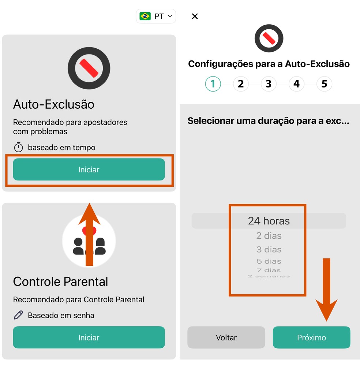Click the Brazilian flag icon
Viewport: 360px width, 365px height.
145,16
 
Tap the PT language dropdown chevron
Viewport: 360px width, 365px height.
170,16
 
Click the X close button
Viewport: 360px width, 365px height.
195,16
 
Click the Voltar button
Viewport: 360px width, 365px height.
226,337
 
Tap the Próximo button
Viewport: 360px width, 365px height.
311,337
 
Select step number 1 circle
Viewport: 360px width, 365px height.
213,84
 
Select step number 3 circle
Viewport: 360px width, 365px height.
269,84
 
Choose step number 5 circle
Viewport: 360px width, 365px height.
324,84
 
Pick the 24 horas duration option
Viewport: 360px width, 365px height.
269,221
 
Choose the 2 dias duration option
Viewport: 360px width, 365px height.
269,236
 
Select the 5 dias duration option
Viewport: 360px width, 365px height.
269,261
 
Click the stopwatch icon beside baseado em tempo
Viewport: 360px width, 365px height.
18,148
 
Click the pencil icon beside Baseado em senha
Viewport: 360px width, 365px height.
18,315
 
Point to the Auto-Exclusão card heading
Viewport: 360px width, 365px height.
54,104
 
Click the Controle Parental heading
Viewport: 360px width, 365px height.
61,282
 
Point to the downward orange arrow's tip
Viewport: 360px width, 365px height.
326,319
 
